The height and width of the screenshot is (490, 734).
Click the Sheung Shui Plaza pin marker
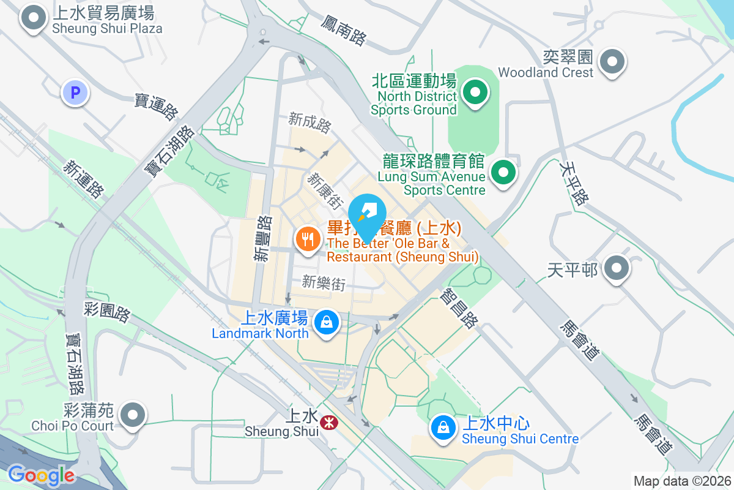point(34,18)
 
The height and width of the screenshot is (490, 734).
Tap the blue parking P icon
point(75,93)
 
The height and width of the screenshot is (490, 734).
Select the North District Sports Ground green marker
point(475,93)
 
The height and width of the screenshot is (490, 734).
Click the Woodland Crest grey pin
point(611,62)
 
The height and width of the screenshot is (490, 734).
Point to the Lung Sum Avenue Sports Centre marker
point(503,172)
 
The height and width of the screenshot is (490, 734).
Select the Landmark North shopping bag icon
point(327,322)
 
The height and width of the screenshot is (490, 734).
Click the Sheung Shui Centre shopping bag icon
point(442,428)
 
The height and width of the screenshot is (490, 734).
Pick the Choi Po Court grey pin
point(133,415)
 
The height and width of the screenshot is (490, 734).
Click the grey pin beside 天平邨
point(616,268)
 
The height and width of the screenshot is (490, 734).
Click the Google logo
point(41,475)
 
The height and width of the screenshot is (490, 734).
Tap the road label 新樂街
point(324,283)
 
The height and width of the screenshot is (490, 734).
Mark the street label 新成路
point(310,123)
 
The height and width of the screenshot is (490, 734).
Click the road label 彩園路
point(108,311)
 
